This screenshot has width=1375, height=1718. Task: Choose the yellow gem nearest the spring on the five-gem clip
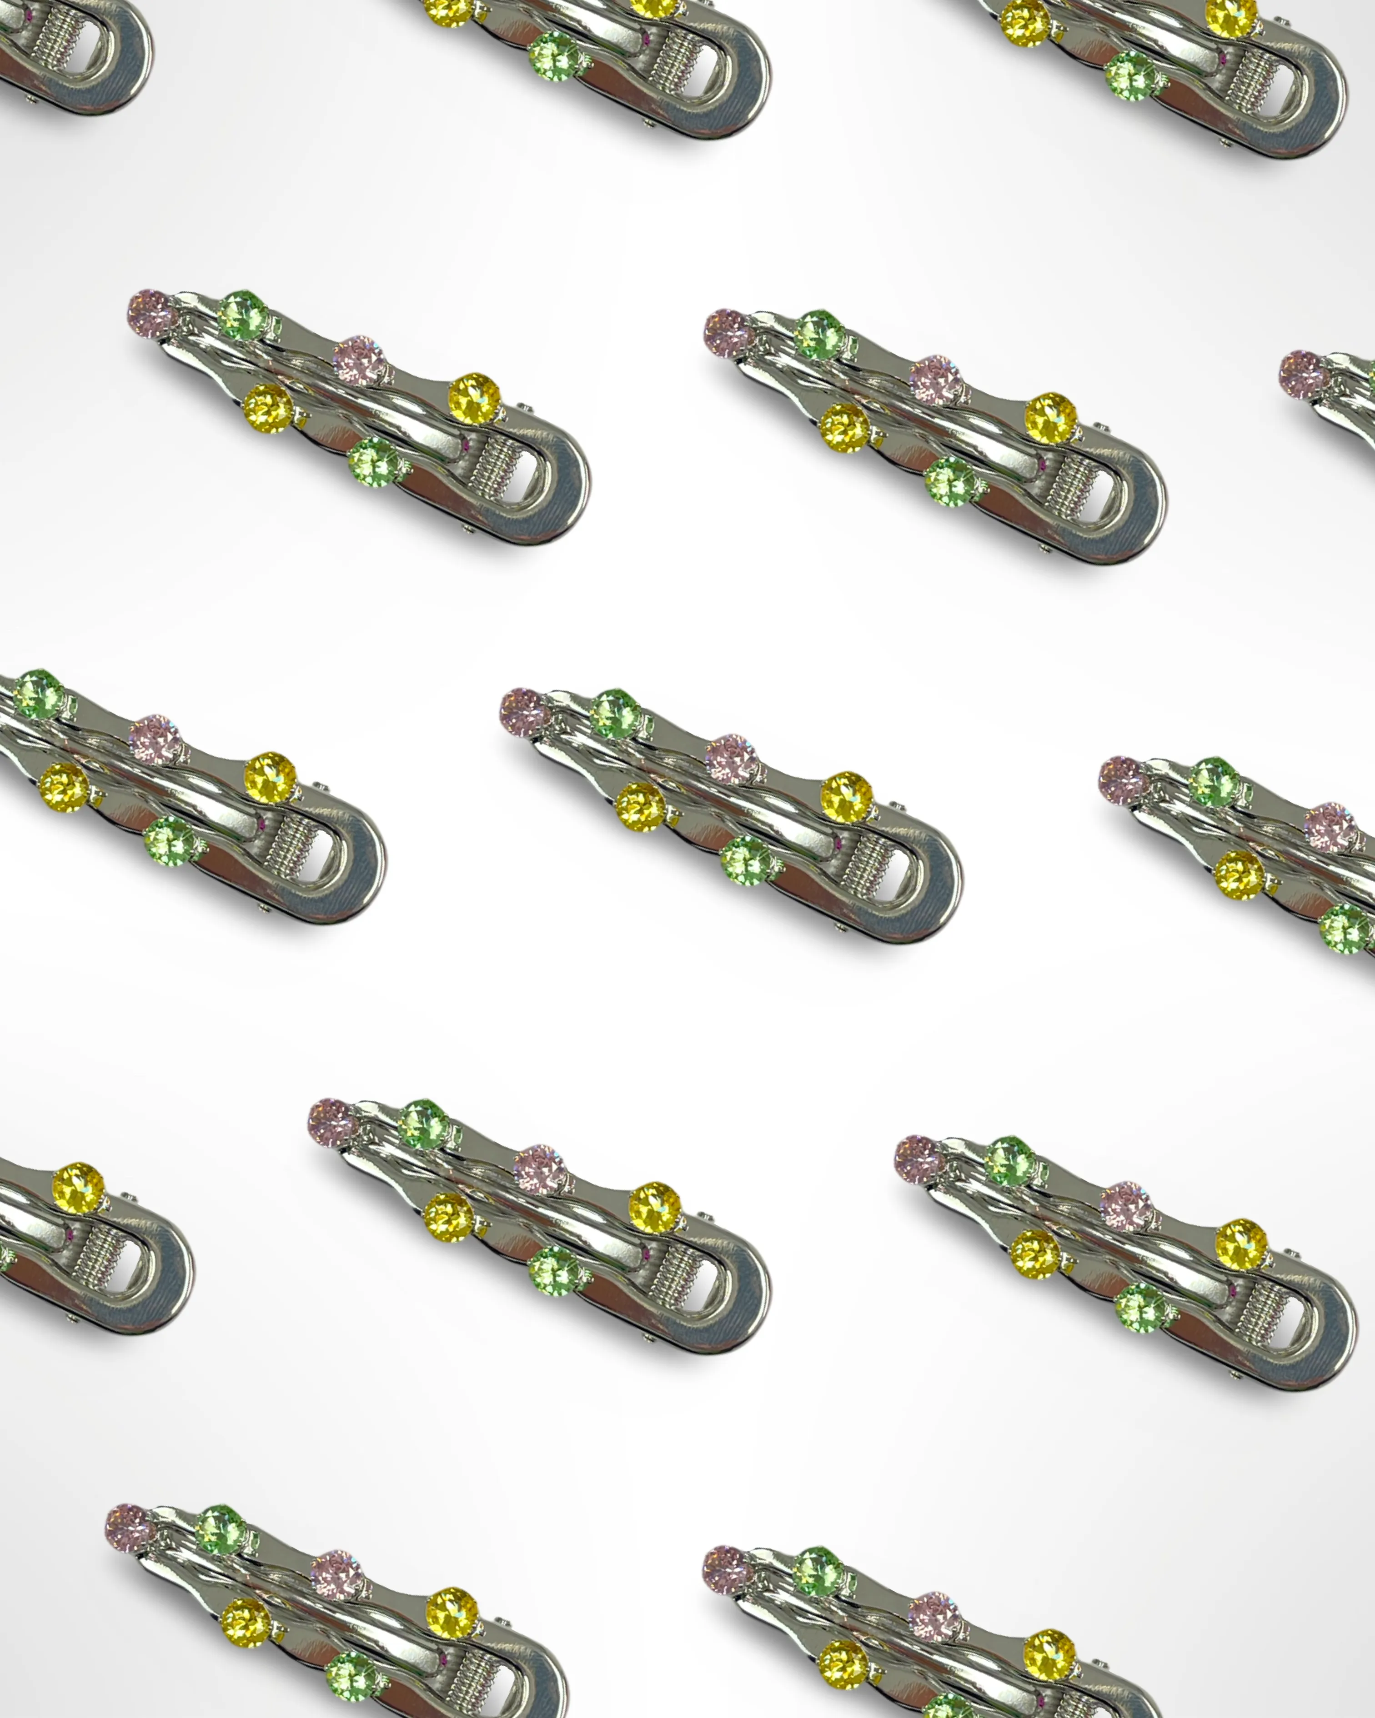point(270,777)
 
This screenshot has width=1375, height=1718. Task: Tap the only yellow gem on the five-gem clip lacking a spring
point(1240,875)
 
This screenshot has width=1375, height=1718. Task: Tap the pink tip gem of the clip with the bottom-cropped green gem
point(727,1570)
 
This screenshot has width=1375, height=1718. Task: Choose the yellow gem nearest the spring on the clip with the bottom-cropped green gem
point(1049,1654)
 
